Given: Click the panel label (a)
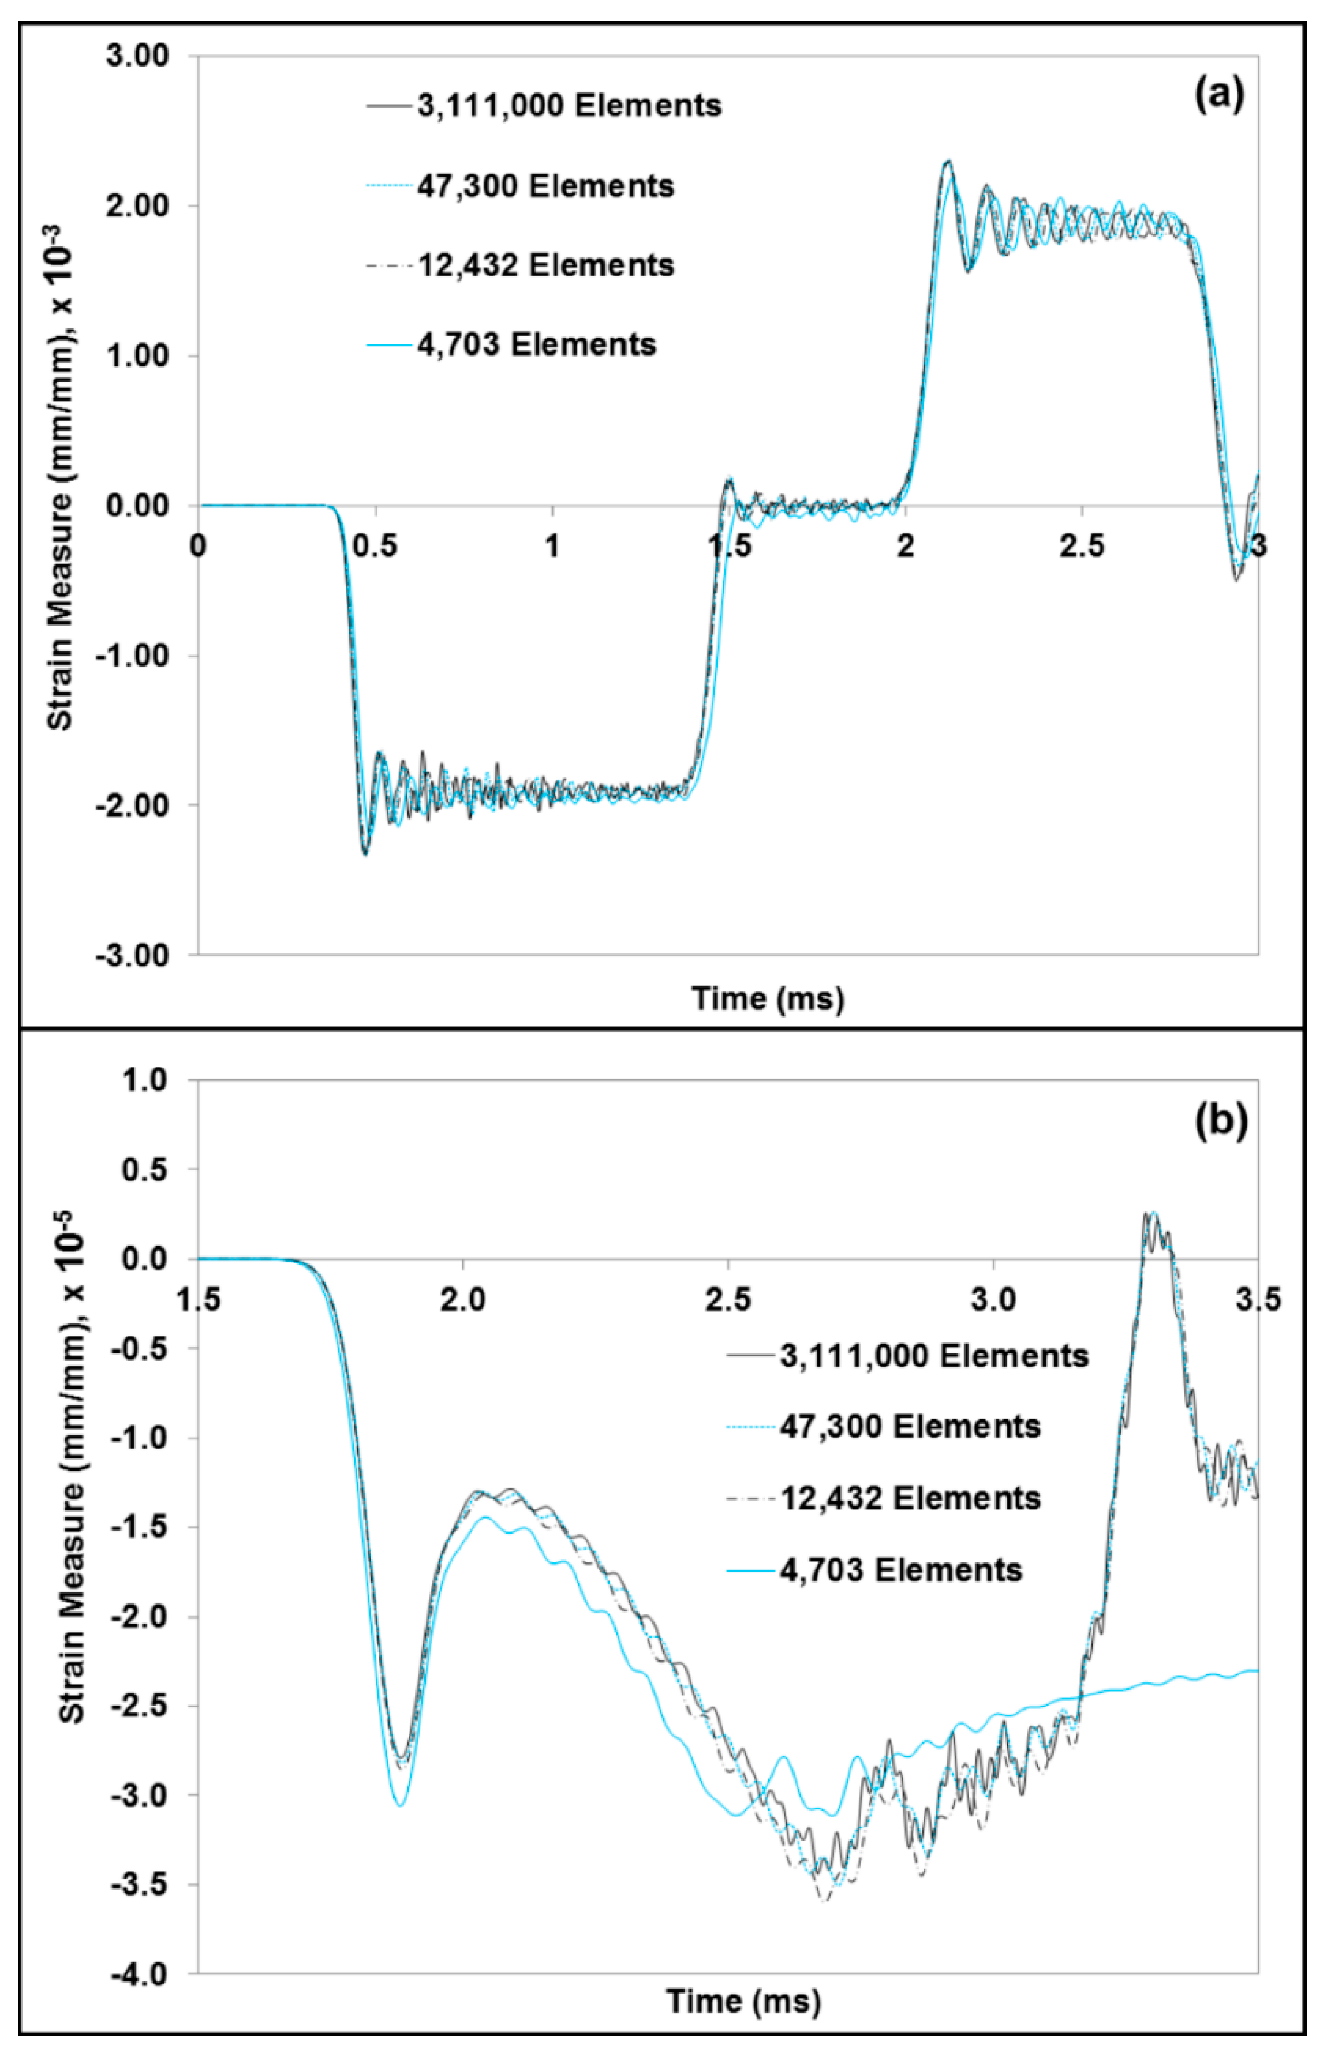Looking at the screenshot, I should (1218, 94).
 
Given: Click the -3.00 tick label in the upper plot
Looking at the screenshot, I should (133, 955).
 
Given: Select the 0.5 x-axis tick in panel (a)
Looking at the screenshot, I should (376, 546).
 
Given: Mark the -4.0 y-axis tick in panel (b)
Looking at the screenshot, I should (143, 1974).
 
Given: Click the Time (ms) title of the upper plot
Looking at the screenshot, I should (768, 999).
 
